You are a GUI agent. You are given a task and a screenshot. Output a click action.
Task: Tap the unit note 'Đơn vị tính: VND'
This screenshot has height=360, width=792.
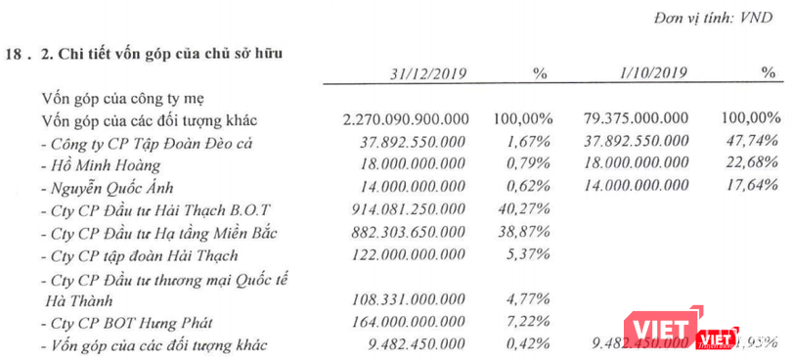click(719, 17)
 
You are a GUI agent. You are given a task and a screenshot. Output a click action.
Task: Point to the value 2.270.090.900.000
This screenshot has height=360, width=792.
click(407, 119)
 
